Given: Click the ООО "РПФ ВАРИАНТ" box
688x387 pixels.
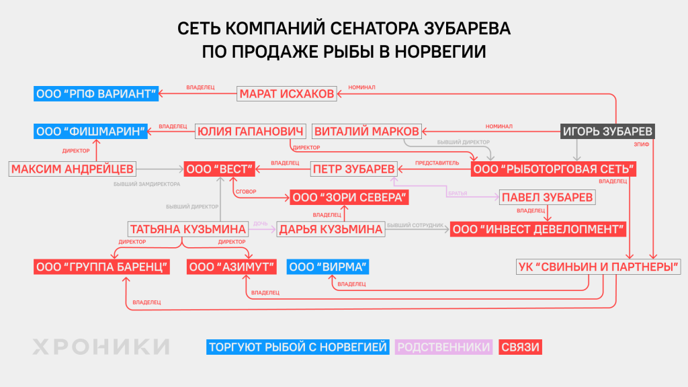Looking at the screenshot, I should (96, 93).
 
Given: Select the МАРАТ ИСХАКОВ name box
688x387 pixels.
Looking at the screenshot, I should (286, 93).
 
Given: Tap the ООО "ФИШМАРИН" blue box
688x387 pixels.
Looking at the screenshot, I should (90, 131).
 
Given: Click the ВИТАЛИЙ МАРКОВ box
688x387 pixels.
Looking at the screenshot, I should (367, 131).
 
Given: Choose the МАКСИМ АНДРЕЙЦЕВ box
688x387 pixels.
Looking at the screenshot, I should (73, 168).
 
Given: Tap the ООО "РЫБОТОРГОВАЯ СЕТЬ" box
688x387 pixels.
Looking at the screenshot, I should (554, 168).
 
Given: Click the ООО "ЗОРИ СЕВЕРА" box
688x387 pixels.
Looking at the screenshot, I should (349, 198).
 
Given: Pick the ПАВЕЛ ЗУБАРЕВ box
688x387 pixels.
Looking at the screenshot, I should (547, 198).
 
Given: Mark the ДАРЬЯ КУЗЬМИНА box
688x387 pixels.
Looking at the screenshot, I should (331, 229).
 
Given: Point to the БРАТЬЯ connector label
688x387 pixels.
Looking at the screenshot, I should (457, 193).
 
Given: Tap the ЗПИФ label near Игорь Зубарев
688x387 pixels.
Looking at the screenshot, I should (640, 143).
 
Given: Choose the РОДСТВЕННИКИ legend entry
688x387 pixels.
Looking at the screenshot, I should (443, 347).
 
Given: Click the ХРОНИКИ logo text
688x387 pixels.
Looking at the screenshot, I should (101, 347).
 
